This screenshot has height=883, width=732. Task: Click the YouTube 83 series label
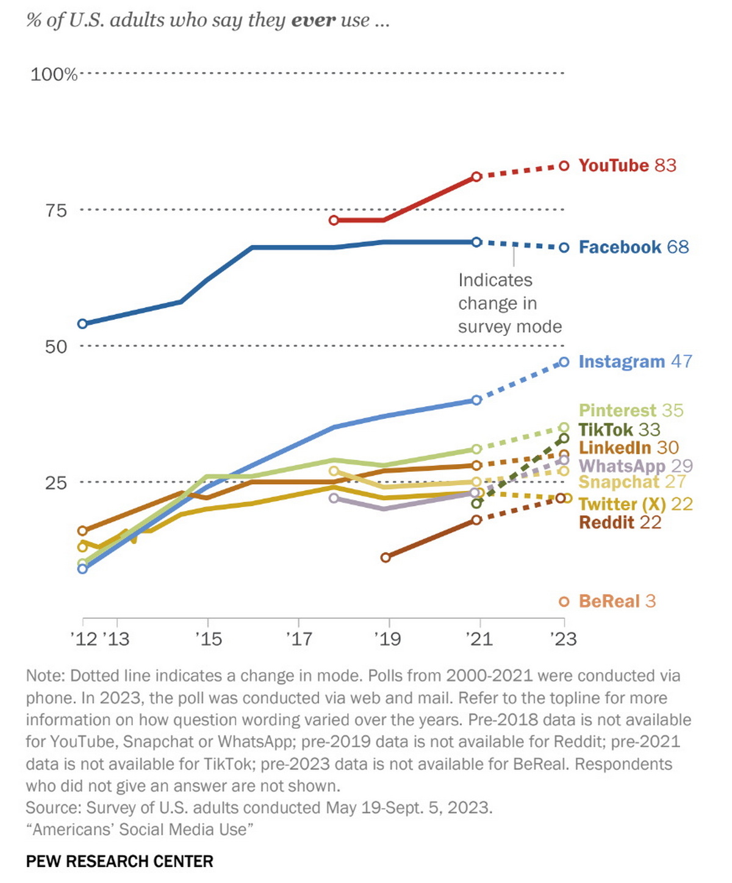pyautogui.click(x=627, y=166)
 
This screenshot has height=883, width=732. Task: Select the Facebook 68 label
pyautogui.click(x=633, y=247)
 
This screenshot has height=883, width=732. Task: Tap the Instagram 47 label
pyautogui.click(x=635, y=362)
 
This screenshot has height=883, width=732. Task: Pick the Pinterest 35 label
pyautogui.click(x=631, y=410)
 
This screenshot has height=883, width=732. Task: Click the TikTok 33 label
pyautogui.click(x=619, y=429)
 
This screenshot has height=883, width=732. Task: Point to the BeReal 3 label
pyautogui.click(x=617, y=601)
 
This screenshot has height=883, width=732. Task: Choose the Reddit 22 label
pyautogui.click(x=620, y=523)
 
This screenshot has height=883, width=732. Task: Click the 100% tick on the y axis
pyautogui.click(x=54, y=74)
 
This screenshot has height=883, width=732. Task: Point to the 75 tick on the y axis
pyautogui.click(x=56, y=210)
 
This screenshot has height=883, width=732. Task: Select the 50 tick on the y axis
pyautogui.click(x=56, y=346)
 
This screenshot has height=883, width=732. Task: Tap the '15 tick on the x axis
pyautogui.click(x=209, y=639)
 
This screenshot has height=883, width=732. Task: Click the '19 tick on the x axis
pyautogui.click(x=387, y=639)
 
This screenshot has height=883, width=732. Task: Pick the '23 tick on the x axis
pyautogui.click(x=563, y=639)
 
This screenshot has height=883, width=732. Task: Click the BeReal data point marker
pyautogui.click(x=564, y=602)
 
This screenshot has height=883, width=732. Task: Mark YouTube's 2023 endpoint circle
pyautogui.click(x=564, y=166)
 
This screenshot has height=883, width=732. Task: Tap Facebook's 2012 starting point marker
pyautogui.click(x=82, y=324)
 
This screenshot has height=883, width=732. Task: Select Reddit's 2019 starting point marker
pyautogui.click(x=386, y=557)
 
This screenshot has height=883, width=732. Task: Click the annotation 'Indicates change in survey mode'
pyautogui.click(x=509, y=303)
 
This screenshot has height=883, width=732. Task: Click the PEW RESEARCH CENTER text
pyautogui.click(x=120, y=862)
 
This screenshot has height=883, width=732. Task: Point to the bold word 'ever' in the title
pyautogui.click(x=314, y=21)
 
